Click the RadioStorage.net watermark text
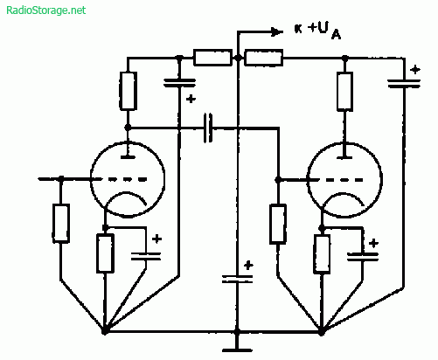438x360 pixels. [x=46, y=10]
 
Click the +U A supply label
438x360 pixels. [x=324, y=31]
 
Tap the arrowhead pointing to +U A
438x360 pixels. [x=277, y=31]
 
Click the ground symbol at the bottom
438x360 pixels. [x=237, y=350]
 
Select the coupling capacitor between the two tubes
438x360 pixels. [x=208, y=128]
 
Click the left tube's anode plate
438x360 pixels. [x=128, y=157]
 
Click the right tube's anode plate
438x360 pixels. [x=344, y=157]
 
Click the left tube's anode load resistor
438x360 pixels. [x=128, y=91]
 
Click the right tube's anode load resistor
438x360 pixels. [x=344, y=92]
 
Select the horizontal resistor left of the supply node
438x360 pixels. [x=212, y=58]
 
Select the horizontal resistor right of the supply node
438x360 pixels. [x=263, y=58]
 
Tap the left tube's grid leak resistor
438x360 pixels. [x=61, y=223]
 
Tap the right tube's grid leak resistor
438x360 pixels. [x=278, y=224]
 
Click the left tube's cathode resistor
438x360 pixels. [x=105, y=253]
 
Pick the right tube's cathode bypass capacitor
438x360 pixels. [x=363, y=256]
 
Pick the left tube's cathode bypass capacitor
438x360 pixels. [x=146, y=256]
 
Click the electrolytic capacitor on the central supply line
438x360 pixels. [x=237, y=279]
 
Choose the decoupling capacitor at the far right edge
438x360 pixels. [x=404, y=83]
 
